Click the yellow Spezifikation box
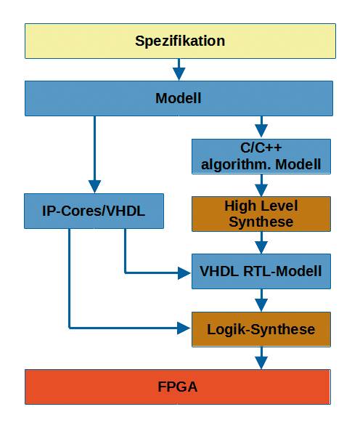pos(180,41)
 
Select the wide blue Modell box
pos(179,98)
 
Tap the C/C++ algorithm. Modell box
pos(261,156)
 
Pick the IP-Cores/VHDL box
pos(94,211)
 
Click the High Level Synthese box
pos(261,214)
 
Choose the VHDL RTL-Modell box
pos(261,271)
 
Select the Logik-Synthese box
pos(261,329)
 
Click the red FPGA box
pos(178,387)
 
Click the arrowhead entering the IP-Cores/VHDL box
pos(94,187)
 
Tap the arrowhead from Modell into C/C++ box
pos(261,131)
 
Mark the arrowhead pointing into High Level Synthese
pos(261,190)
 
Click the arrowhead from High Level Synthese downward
pos(261,247)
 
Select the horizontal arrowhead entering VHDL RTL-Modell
pos(184,273)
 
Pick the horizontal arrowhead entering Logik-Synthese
pos(184,328)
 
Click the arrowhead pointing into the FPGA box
pos(261,363)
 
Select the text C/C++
pos(261,148)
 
